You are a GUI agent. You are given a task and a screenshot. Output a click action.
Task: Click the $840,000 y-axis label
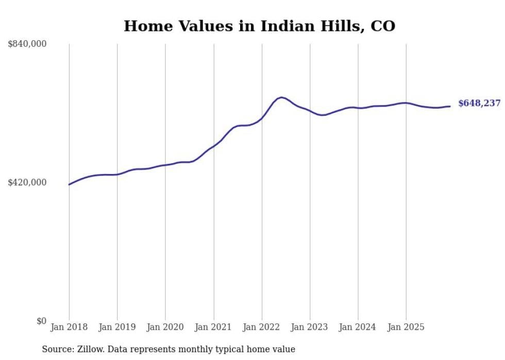click(x=27, y=44)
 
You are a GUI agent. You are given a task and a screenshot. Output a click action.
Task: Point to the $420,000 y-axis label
click(x=27, y=182)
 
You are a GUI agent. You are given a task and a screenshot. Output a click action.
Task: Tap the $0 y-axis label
click(x=41, y=321)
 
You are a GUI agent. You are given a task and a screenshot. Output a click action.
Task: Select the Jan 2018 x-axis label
click(x=69, y=327)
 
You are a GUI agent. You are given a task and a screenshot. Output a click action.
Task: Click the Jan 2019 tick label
click(x=117, y=327)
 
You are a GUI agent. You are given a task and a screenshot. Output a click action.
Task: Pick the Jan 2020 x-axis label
click(x=165, y=327)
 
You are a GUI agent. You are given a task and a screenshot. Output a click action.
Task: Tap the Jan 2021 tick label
click(x=213, y=327)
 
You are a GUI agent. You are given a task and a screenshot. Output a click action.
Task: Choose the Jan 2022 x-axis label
click(x=262, y=327)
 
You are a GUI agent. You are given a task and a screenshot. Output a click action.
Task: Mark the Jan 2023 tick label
click(x=310, y=327)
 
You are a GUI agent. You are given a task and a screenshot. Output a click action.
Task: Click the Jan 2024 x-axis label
click(x=358, y=327)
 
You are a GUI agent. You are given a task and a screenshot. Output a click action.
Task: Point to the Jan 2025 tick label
click(x=406, y=327)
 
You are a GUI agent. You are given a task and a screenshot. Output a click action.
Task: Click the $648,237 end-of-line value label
click(x=479, y=104)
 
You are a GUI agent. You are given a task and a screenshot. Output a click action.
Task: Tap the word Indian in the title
click(x=285, y=26)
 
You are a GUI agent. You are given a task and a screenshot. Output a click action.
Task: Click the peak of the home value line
click(x=281, y=97)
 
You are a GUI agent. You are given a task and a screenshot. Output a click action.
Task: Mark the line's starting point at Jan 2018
click(x=69, y=184)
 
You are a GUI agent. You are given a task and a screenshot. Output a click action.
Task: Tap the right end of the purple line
click(x=450, y=107)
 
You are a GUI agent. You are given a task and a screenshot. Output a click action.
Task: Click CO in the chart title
click(x=383, y=26)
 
